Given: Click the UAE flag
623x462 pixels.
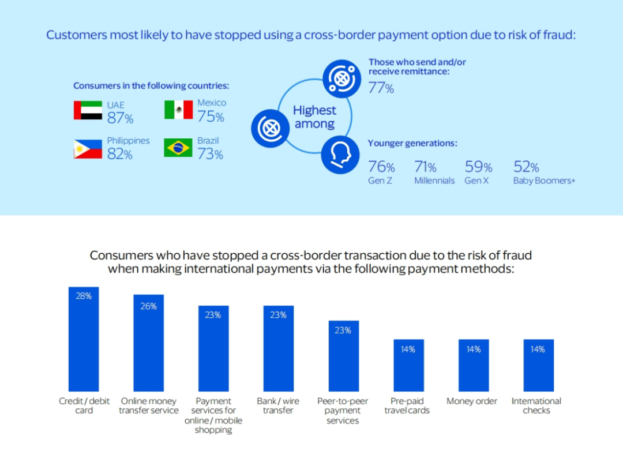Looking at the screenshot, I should coord(88,110).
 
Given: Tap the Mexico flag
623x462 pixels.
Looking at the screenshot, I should coord(178,110).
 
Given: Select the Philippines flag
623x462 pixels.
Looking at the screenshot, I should coord(88,148).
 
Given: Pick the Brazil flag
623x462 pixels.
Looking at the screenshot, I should coord(178,148).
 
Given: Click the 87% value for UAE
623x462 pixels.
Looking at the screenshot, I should coord(120,118).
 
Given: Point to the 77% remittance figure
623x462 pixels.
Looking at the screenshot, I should coord(381,88).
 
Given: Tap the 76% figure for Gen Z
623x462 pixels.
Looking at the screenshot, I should coord(381,167).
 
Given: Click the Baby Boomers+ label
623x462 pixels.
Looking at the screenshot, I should coord(544,181).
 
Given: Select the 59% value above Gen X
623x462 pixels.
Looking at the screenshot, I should coord(478,167).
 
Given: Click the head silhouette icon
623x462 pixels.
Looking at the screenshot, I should coord(340,155).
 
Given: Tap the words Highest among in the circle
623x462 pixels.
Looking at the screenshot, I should coord(314,117).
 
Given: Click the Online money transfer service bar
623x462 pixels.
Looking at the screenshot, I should coord(148,343).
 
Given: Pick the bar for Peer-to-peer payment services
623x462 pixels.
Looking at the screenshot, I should coord(343,356).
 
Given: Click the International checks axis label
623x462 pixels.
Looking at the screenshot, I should coord(536,405).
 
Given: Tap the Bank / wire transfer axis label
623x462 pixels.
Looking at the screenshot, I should coord(278,405).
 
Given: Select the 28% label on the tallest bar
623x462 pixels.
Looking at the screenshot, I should coord(84,296).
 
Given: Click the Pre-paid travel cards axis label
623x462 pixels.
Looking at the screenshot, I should coord(407,405).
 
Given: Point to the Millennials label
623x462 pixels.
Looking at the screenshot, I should coord(434,181).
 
